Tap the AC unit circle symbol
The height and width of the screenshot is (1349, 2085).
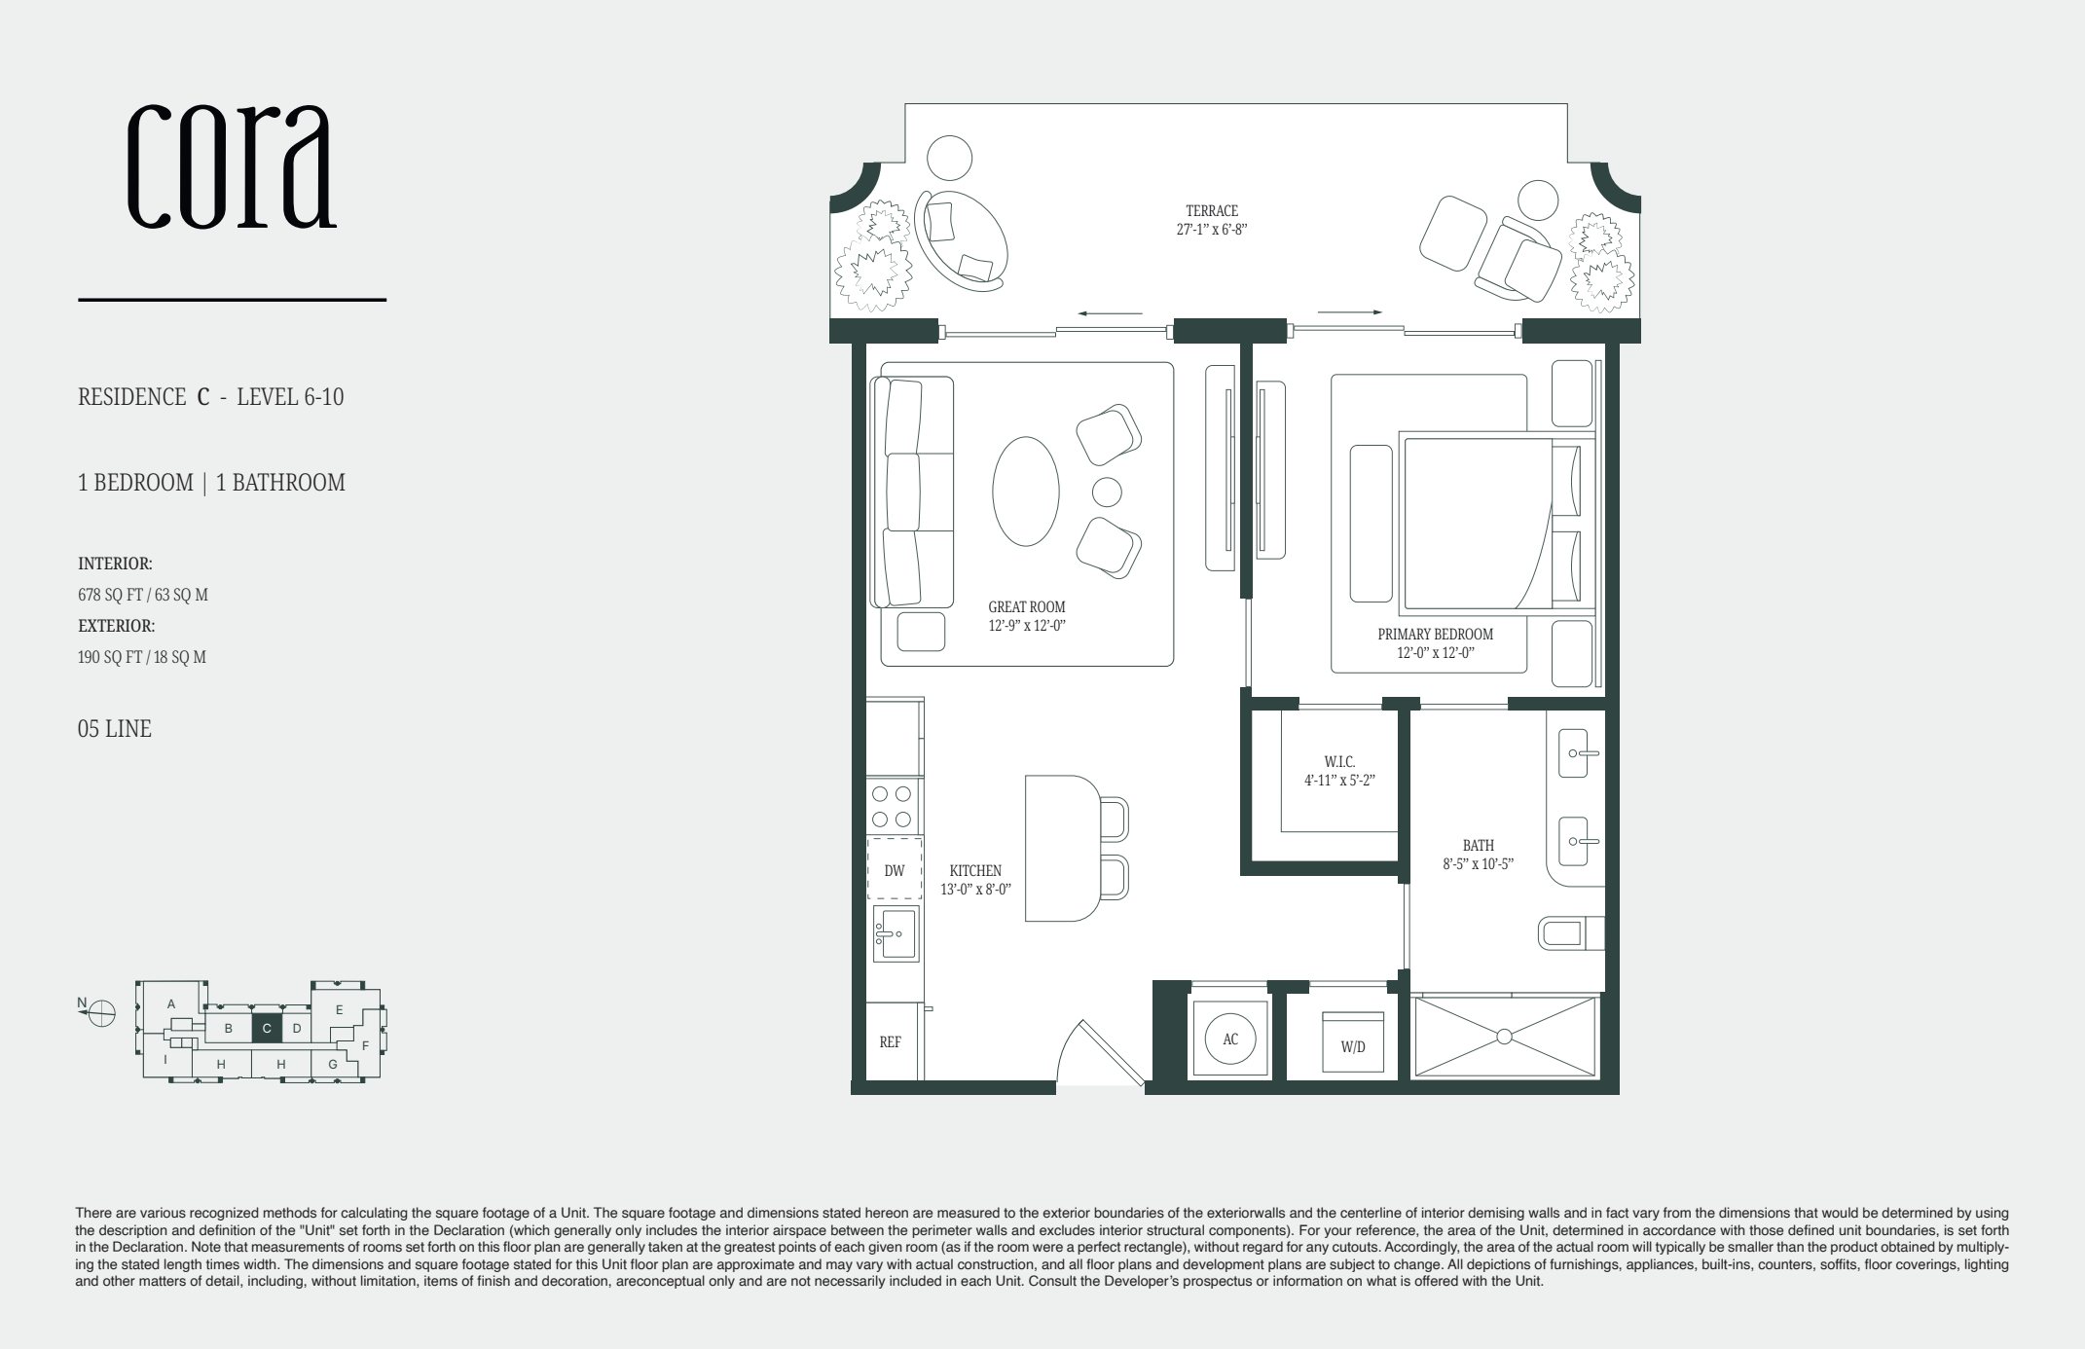coord(1230,1039)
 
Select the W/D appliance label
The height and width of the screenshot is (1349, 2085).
coord(1353,1047)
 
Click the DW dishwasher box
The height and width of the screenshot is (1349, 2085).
coord(895,870)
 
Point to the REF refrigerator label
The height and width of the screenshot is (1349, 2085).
coord(890,1042)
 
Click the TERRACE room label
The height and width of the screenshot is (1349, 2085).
coord(1211,210)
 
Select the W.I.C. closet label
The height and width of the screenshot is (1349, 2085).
coord(1339,762)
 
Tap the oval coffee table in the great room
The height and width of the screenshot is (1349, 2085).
coord(1026,492)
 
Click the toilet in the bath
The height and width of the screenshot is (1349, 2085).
coord(1566,933)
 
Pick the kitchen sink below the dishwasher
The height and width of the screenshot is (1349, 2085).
coord(895,932)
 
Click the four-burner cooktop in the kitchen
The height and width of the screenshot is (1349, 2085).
coord(893,806)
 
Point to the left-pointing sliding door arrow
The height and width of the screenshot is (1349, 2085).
coord(1110,313)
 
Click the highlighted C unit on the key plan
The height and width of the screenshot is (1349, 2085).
coord(267,1028)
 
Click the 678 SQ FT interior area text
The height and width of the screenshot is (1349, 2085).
coord(142,595)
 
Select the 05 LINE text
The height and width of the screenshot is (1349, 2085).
coord(114,729)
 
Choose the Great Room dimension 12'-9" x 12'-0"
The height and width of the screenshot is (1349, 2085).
coord(1027,626)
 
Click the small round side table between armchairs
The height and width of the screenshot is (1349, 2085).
coord(1107,492)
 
